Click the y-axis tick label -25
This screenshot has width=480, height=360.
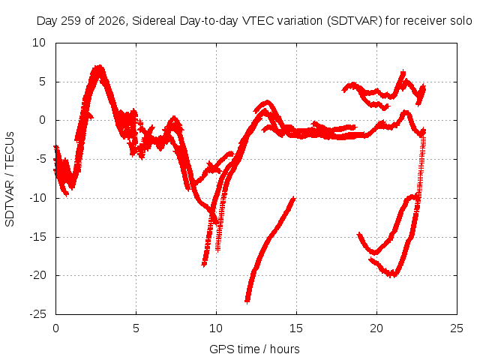coord(38,314)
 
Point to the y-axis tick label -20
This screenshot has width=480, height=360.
coord(38,275)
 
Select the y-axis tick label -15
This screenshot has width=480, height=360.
coord(38,237)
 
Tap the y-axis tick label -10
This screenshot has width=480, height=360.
coord(38,198)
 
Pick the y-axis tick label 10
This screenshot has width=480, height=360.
coord(39,43)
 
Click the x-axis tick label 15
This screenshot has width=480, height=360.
coord(296,328)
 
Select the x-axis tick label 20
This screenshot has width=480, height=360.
coord(376,328)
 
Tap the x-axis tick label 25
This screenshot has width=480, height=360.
coord(457,328)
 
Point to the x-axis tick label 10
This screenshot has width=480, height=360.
coord(216,328)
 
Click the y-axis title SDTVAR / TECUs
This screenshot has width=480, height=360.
coord(10,179)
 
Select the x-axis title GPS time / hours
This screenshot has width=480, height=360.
coord(254,349)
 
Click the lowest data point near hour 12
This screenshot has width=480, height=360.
coord(247,301)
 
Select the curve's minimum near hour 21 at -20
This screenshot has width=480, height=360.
coord(392,274)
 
